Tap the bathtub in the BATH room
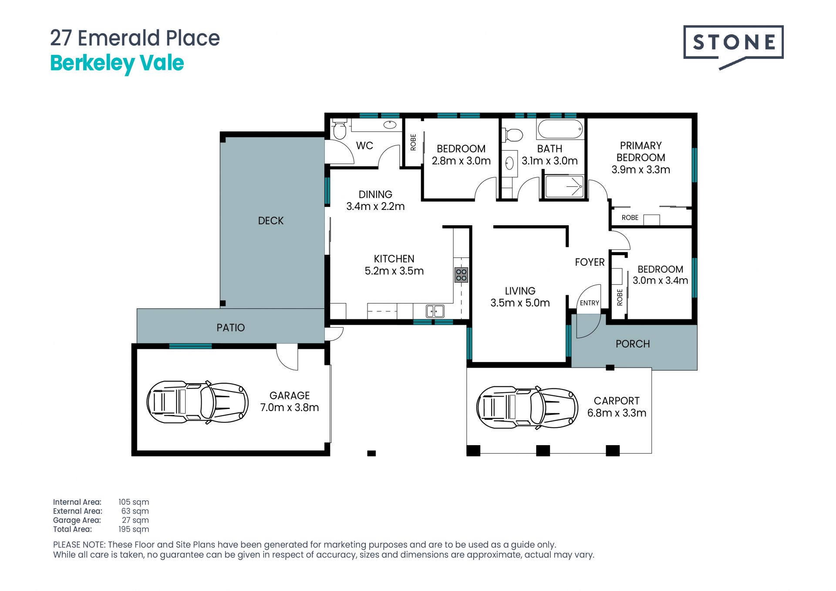tap(560, 129)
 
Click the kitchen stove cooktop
tap(461, 275)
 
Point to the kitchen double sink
tap(435, 311)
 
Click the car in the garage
tap(197, 402)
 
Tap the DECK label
tap(271, 221)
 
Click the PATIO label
tap(231, 328)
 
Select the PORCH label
tap(633, 344)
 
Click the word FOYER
tap(590, 262)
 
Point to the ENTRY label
tap(590, 303)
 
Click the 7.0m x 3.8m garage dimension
tap(290, 408)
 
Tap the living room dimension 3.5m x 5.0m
tap(520, 303)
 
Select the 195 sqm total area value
tap(134, 529)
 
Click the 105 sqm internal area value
tap(134, 502)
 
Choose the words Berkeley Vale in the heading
tap(117, 64)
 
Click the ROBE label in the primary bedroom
tap(630, 217)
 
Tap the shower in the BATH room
tap(564, 186)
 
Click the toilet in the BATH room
tap(512, 135)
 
